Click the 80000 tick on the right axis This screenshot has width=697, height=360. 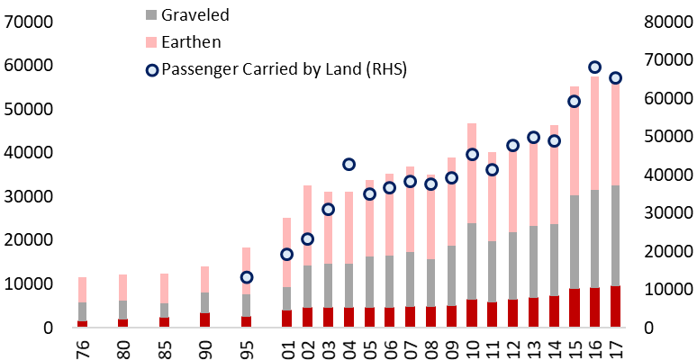665,22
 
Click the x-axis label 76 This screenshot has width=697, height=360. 82,346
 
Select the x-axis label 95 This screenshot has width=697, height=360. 247,346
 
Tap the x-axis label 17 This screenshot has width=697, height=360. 616,346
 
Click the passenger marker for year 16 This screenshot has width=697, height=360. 594,67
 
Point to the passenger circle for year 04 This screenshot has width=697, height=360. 348,165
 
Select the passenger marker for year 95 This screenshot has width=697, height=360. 247,277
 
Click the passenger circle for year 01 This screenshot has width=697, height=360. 287,255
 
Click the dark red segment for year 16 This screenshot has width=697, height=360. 594,307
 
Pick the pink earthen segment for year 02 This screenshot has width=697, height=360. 308,225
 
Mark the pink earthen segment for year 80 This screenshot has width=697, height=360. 123,287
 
